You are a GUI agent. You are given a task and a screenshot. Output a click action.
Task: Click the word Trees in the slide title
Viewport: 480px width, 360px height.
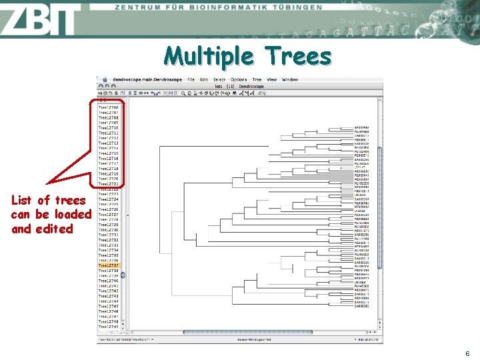pos(297,56)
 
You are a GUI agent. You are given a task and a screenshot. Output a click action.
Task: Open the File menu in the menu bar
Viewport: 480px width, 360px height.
pos(191,80)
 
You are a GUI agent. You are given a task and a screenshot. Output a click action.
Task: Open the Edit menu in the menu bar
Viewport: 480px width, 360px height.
pos(204,80)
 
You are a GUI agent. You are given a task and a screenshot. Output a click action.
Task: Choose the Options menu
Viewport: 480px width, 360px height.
pos(238,80)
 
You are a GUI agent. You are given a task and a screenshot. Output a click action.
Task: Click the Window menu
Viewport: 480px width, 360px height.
pos(290,80)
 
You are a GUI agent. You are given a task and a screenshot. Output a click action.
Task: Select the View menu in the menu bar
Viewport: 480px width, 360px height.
pos(271,80)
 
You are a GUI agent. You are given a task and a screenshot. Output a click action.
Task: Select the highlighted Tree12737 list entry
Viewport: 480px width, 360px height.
pos(108,265)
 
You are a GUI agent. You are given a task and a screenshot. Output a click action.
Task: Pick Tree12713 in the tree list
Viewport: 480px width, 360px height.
pos(108,143)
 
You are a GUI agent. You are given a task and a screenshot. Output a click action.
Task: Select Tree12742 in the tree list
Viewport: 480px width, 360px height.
pos(108,291)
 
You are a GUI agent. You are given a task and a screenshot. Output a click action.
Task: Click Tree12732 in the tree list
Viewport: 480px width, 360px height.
pos(108,240)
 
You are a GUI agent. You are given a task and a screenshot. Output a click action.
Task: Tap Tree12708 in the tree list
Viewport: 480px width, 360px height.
pos(108,117)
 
